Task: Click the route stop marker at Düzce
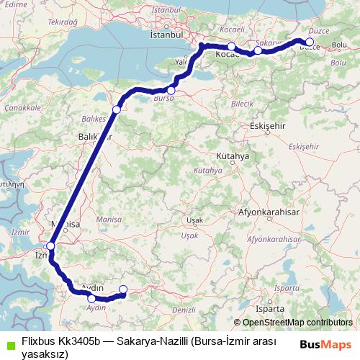tap(310, 42)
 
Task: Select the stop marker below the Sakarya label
tap(258, 50)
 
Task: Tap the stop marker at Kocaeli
tap(232, 47)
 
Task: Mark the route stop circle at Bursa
tap(171, 91)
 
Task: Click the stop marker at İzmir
tap(50, 247)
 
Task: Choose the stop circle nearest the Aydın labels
tap(91, 298)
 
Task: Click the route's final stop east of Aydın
tap(122, 290)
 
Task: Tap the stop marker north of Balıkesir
tap(117, 109)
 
